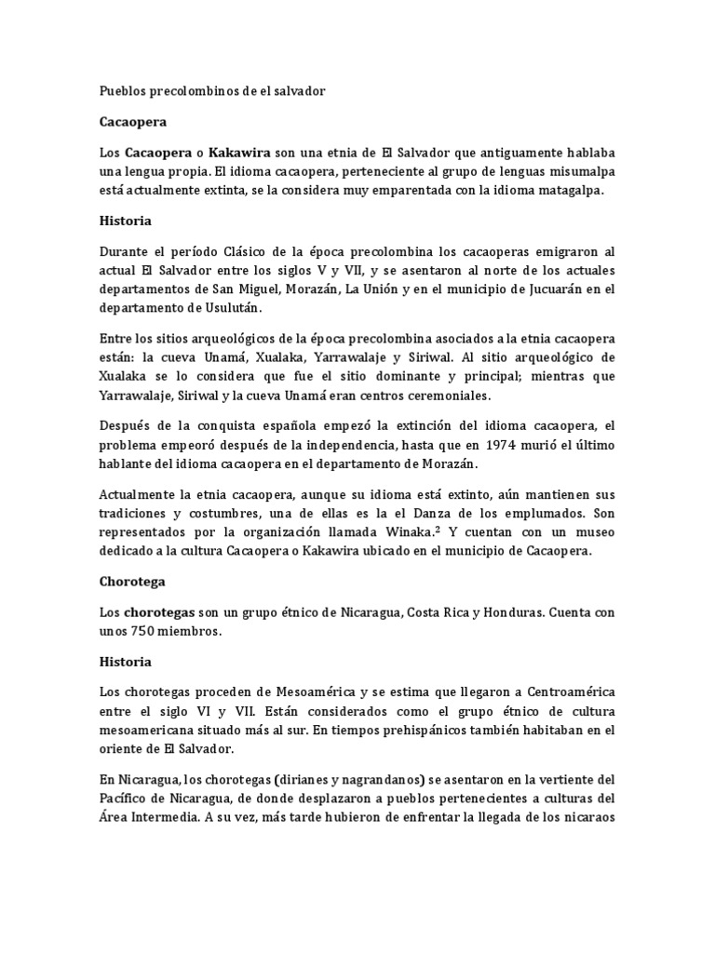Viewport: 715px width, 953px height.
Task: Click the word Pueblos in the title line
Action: [x=122, y=93]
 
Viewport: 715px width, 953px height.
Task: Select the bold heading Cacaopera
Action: [x=133, y=122]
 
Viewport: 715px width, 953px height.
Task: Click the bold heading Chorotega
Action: [x=132, y=582]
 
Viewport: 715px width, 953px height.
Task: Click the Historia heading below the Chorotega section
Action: [x=126, y=662]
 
